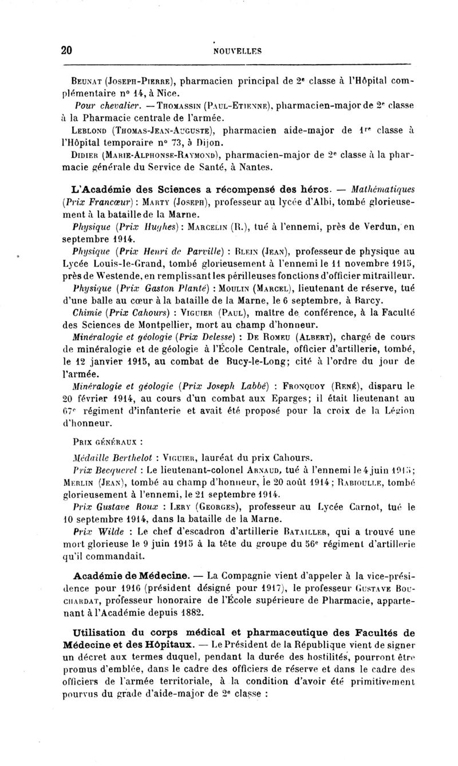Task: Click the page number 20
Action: (66, 50)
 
